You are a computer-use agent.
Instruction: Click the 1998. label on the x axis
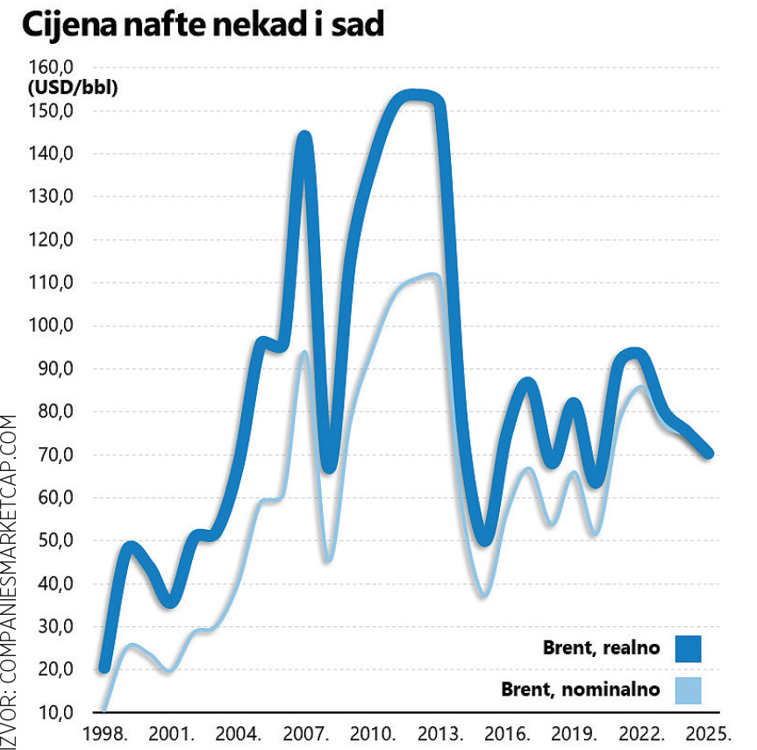click(x=104, y=733)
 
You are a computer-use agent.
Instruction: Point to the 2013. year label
click(x=439, y=733)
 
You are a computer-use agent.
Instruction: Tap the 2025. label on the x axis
click(x=706, y=733)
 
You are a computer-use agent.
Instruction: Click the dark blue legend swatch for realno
click(x=689, y=649)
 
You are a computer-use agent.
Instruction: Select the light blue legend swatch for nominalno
click(x=689, y=689)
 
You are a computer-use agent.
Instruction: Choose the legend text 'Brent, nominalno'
click(x=580, y=689)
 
